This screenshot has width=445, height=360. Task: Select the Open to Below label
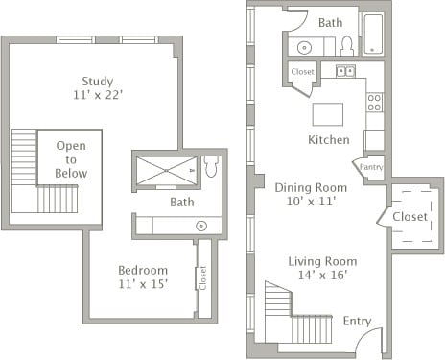pos(71,159)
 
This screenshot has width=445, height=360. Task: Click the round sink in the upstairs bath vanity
pos(202,226)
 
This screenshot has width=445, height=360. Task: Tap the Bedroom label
pos(143,270)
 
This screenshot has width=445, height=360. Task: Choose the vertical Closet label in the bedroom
pos(203,277)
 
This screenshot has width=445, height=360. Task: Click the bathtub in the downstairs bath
pos(372,34)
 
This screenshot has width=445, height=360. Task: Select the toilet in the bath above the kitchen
pos(346,45)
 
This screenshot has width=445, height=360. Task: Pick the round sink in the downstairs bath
pos(304,46)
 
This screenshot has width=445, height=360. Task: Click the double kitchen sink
pos(346,70)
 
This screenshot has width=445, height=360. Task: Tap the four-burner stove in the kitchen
pos(374,101)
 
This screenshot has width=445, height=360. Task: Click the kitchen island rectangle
pos(327,114)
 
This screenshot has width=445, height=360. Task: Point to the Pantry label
pos(371,167)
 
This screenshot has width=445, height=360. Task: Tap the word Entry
pos(357,321)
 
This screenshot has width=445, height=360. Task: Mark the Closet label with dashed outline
pos(410,217)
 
